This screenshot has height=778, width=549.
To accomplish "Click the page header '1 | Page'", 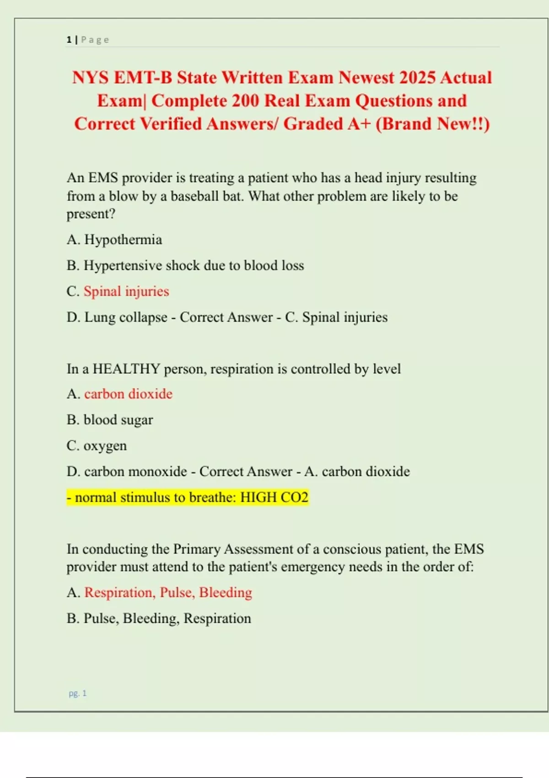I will [x=88, y=40].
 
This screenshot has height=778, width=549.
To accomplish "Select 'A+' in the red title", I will [x=359, y=124].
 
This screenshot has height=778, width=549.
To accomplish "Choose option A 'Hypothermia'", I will [x=123, y=240].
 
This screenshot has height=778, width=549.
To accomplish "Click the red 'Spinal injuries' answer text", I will [x=126, y=292].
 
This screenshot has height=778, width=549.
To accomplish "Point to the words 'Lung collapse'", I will [x=126, y=318].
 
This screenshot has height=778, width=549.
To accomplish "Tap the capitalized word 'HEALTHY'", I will [x=126, y=369].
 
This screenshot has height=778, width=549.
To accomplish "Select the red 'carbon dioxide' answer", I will [x=128, y=394].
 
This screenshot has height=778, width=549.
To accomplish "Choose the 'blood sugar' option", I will [x=118, y=420].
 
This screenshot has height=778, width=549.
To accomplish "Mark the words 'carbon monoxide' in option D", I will [x=135, y=472].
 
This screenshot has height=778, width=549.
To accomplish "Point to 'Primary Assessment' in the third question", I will [x=235, y=549].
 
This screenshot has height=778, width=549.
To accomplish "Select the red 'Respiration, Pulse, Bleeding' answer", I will [x=168, y=593].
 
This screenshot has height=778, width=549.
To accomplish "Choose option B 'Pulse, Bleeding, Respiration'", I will [x=167, y=619].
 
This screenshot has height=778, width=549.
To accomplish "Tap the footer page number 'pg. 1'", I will [x=78, y=693].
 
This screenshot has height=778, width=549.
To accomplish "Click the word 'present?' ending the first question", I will [x=91, y=214].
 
